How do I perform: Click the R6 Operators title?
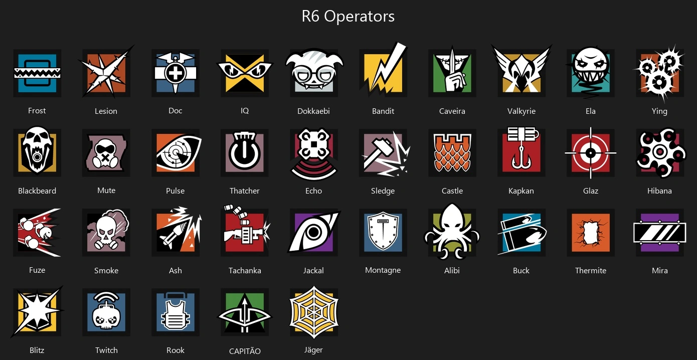click(x=348, y=17)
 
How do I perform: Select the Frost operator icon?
click(x=37, y=73)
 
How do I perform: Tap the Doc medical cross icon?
click(x=176, y=73)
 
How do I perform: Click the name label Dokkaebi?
click(x=313, y=111)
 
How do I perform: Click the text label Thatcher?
click(x=245, y=191)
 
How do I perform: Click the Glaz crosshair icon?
click(x=591, y=153)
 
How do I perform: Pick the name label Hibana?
click(x=659, y=191)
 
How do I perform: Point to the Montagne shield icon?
click(x=383, y=232)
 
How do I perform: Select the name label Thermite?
click(x=591, y=270)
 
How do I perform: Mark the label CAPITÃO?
click(x=245, y=351)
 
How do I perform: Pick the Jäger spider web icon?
click(x=314, y=312)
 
